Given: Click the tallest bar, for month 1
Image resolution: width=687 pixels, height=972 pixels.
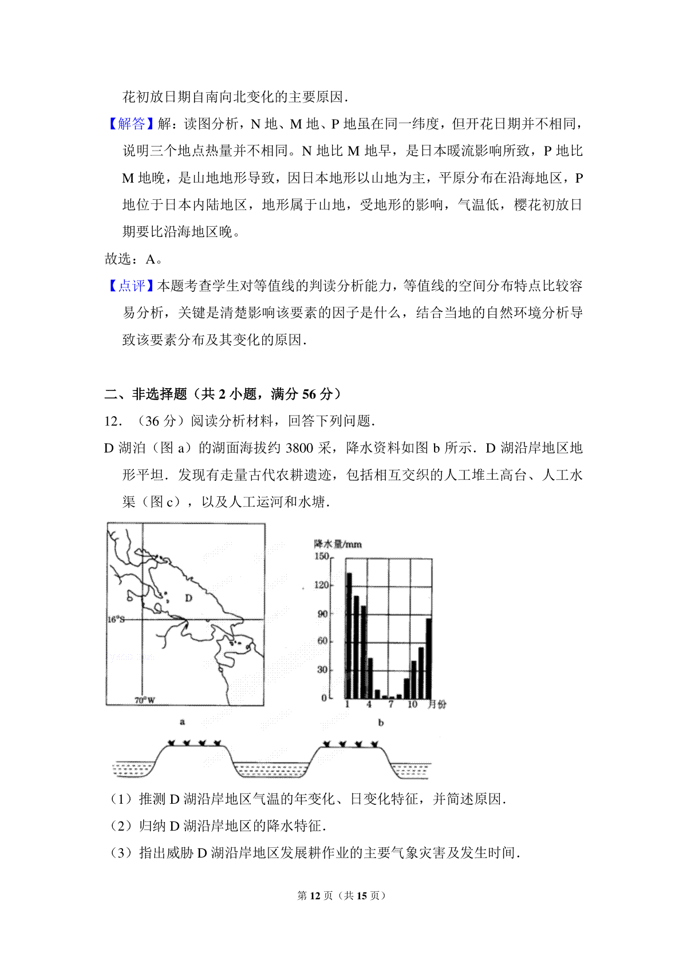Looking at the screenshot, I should coord(349,635).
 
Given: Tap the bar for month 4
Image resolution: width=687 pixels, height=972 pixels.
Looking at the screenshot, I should coord(370,678).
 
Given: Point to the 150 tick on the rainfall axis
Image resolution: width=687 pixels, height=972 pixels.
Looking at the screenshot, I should coord(322,556).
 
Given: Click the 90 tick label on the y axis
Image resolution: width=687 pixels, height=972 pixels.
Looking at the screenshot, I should coord(323,614).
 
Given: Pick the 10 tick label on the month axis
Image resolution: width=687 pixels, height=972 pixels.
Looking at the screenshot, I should coord(412,705).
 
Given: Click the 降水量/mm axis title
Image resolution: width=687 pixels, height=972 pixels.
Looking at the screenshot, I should coord(338,544).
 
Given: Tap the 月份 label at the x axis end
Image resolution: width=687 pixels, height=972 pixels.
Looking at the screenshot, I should coord(437,705).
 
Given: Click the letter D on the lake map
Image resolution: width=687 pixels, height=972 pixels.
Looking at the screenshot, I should coord(188,598).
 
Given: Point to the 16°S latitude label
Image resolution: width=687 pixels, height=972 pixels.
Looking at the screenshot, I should coord(116,619).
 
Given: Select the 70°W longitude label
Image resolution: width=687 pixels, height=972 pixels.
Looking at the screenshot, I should coord(144,700).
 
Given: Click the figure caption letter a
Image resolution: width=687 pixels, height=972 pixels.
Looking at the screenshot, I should coord(182,722).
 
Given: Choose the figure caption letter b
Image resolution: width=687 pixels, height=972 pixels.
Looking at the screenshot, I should coord(381,722).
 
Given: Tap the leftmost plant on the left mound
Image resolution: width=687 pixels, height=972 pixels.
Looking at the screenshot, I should coord(171,743).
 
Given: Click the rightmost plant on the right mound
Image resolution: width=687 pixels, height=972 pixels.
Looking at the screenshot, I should coord(374,744).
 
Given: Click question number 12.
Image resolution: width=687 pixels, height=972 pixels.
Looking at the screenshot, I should coord(112,421).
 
